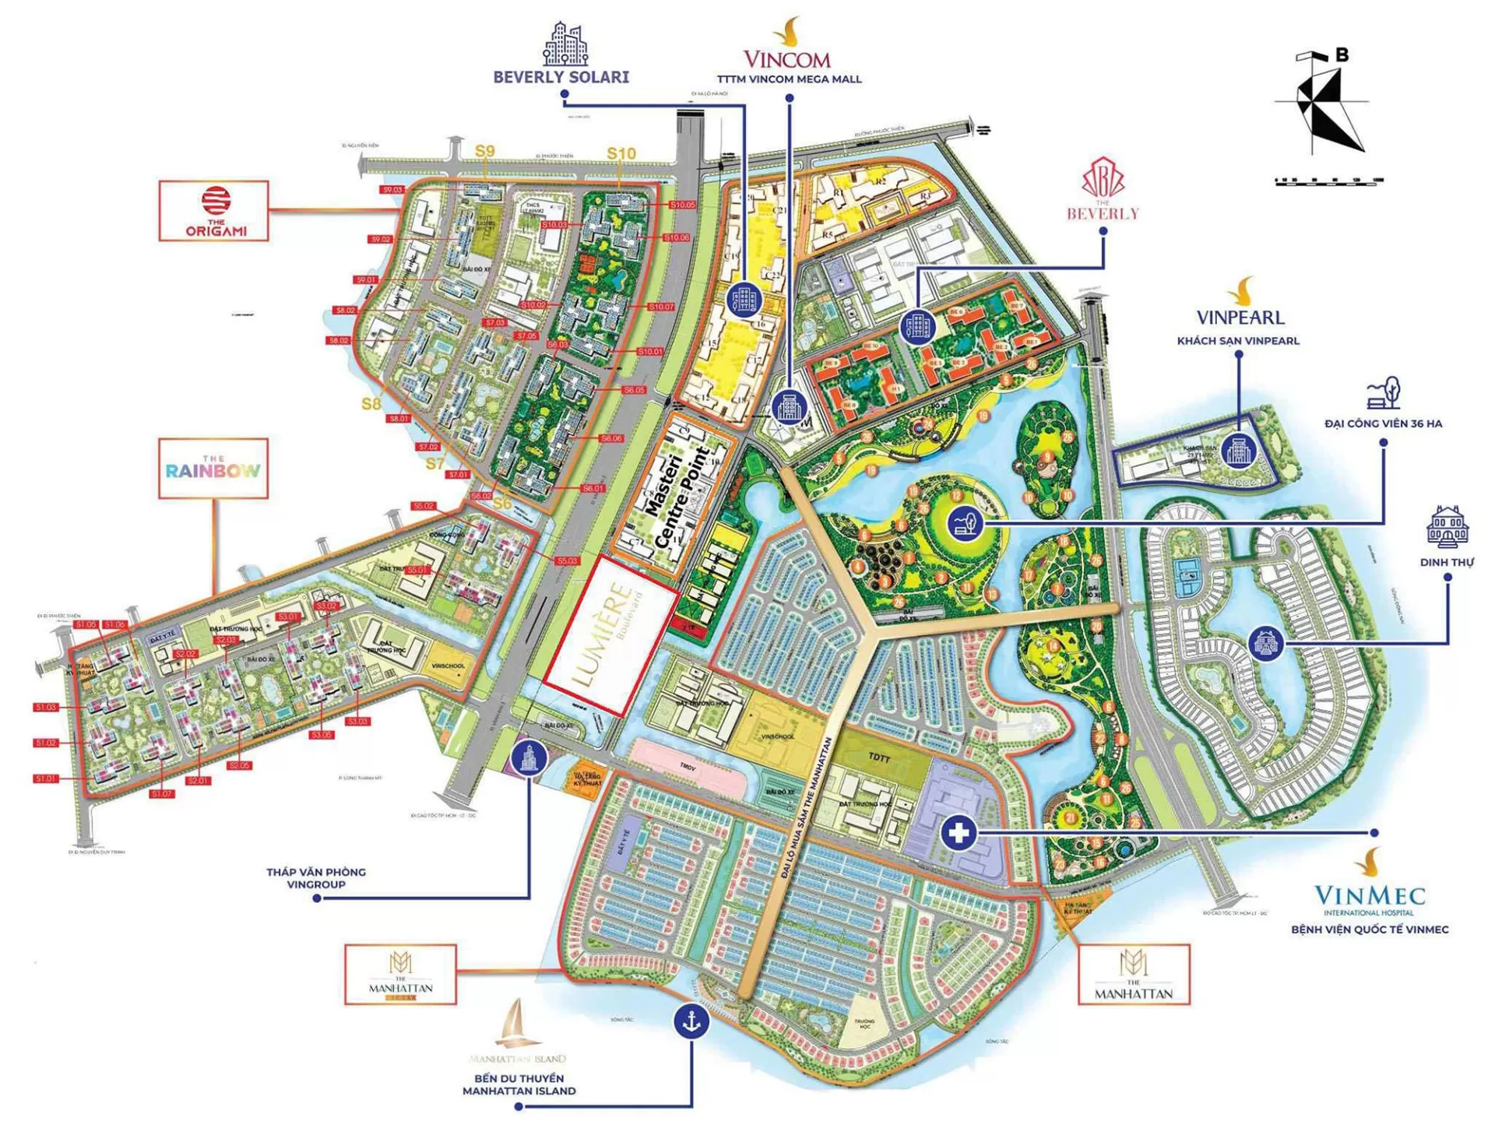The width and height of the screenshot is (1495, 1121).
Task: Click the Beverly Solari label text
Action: click(x=561, y=77)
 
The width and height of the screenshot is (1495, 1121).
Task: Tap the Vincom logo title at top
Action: click(x=786, y=58)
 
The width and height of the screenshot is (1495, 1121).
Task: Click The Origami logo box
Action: click(x=214, y=211)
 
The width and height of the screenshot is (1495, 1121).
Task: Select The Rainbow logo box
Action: click(x=213, y=469)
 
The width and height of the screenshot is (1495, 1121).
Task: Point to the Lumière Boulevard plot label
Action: click(x=610, y=634)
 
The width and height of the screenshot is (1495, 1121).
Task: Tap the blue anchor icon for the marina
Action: click(x=691, y=1020)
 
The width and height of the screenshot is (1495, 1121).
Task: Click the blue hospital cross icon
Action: click(x=959, y=832)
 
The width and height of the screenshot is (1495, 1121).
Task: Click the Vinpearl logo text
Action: click(x=1240, y=317)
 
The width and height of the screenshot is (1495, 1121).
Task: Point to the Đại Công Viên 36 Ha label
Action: click(x=1383, y=423)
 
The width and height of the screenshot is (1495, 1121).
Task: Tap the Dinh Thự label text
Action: click(x=1447, y=562)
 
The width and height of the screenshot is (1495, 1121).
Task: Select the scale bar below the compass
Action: click(x=1328, y=181)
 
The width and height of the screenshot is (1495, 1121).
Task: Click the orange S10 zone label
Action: click(x=621, y=153)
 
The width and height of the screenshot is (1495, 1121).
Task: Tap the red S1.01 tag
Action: click(x=46, y=778)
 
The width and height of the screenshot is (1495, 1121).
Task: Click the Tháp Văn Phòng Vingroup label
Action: click(x=316, y=878)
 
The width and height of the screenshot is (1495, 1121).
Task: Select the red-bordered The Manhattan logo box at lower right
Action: click(x=1134, y=975)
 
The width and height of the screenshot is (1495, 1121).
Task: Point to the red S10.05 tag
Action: click(x=682, y=205)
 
